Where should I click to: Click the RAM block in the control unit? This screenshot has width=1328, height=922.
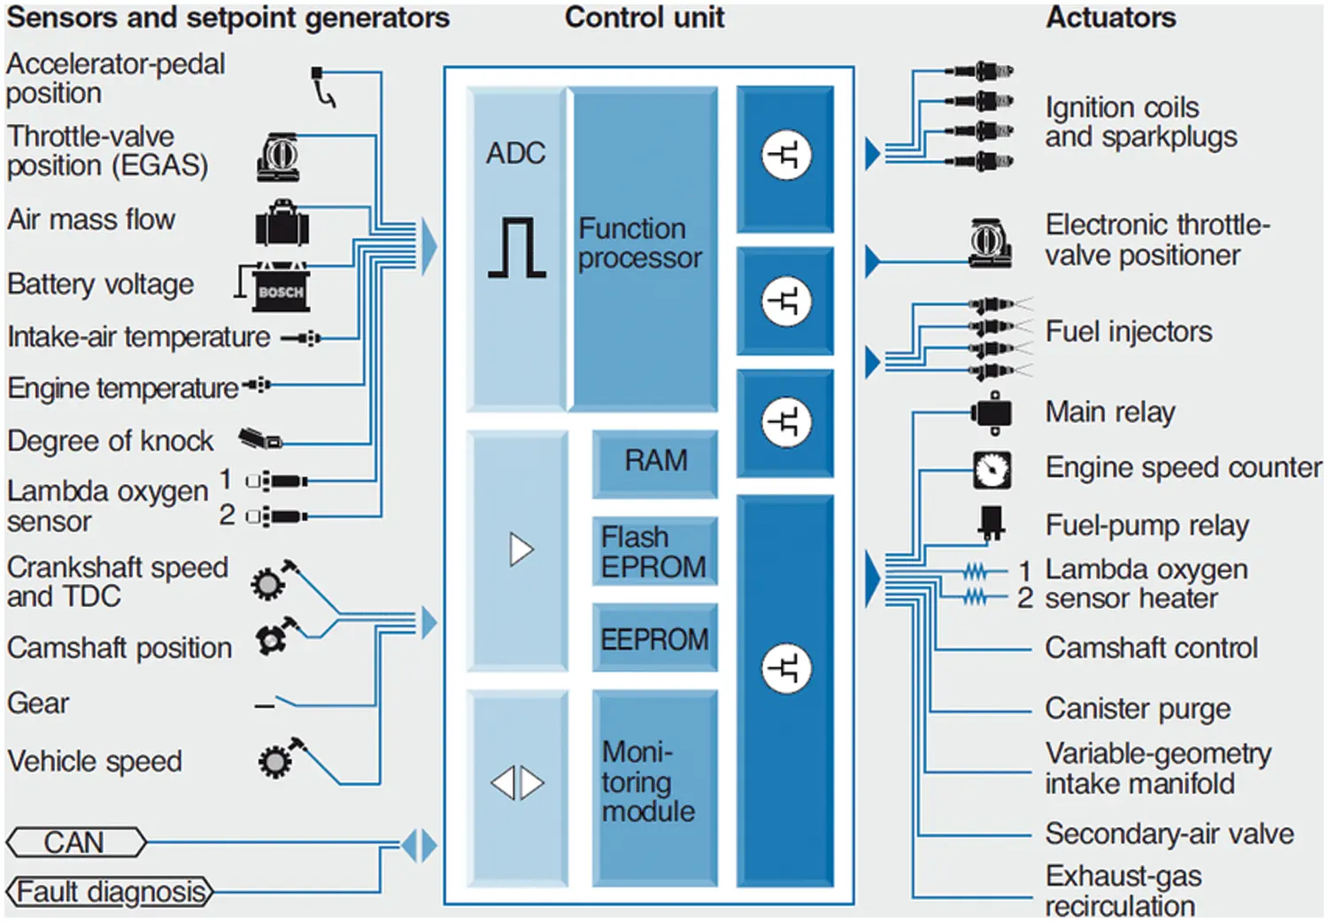coord(655,461)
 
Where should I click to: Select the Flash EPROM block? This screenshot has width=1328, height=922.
coord(653,551)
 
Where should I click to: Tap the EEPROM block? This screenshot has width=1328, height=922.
coord(654,639)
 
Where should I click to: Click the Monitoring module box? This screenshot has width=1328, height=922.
coord(653,783)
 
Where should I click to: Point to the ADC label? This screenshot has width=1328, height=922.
coord(515,153)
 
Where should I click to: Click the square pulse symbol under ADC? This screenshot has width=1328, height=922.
coord(517,249)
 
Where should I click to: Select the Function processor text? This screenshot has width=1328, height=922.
coord(639,243)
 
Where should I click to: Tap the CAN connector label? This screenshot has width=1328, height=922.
coord(75,842)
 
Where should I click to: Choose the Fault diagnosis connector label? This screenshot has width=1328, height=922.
coord(110,892)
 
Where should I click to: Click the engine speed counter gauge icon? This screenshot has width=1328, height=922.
coord(992,470)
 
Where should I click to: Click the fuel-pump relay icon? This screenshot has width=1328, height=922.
coord(991,523)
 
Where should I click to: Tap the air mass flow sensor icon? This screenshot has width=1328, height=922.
coord(282,223)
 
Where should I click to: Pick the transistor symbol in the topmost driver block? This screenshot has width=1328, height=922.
coord(785,155)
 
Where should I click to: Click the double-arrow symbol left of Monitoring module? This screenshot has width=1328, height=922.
coord(518,783)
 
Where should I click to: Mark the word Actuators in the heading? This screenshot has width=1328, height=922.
coord(1110,18)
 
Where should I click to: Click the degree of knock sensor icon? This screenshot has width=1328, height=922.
coord(260,438)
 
